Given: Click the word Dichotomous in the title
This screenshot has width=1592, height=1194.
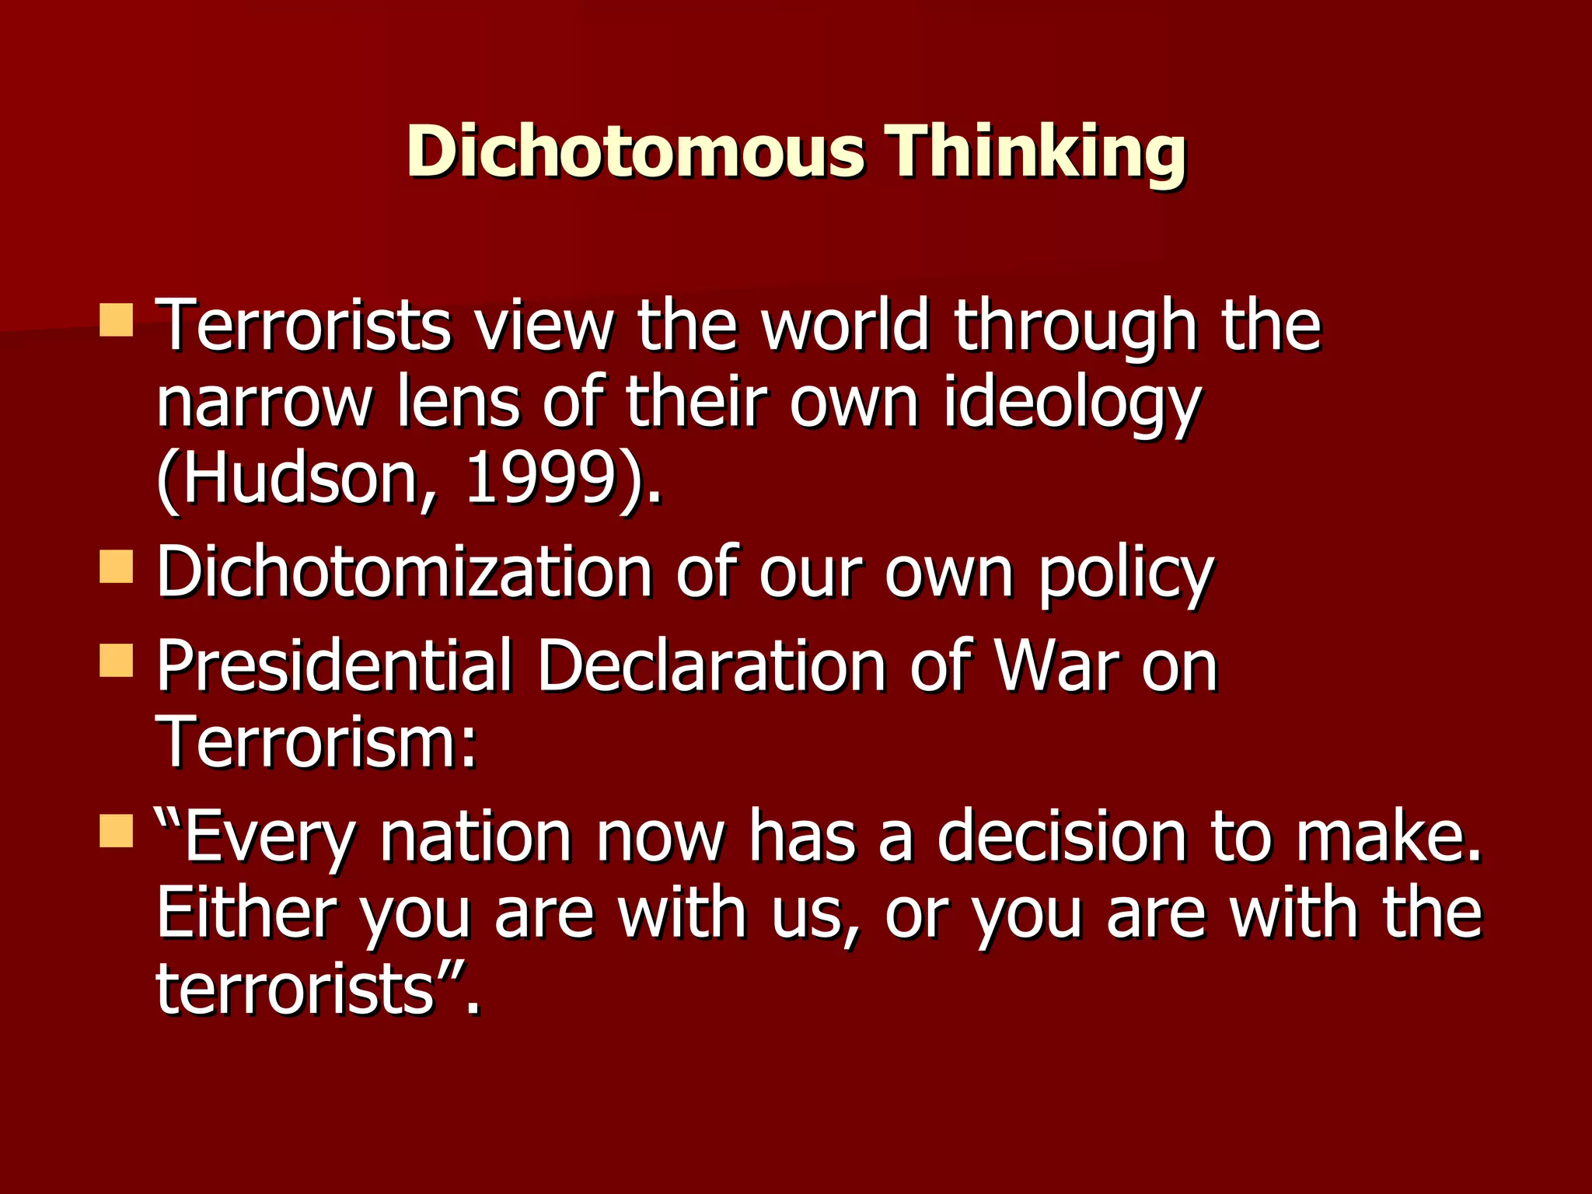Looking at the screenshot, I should [634, 151].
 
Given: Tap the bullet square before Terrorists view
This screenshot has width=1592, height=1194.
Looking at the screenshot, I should [117, 320].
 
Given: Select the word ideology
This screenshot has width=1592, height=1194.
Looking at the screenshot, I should [1072, 404].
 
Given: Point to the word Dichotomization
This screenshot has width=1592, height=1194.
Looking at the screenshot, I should [404, 573].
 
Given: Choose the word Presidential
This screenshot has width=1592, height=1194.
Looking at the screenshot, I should [334, 666].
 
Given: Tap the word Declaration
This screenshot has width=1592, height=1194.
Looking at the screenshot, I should [711, 666].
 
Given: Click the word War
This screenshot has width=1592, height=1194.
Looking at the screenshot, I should [1057, 666].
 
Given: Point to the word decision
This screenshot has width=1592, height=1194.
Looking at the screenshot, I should [1061, 836].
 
